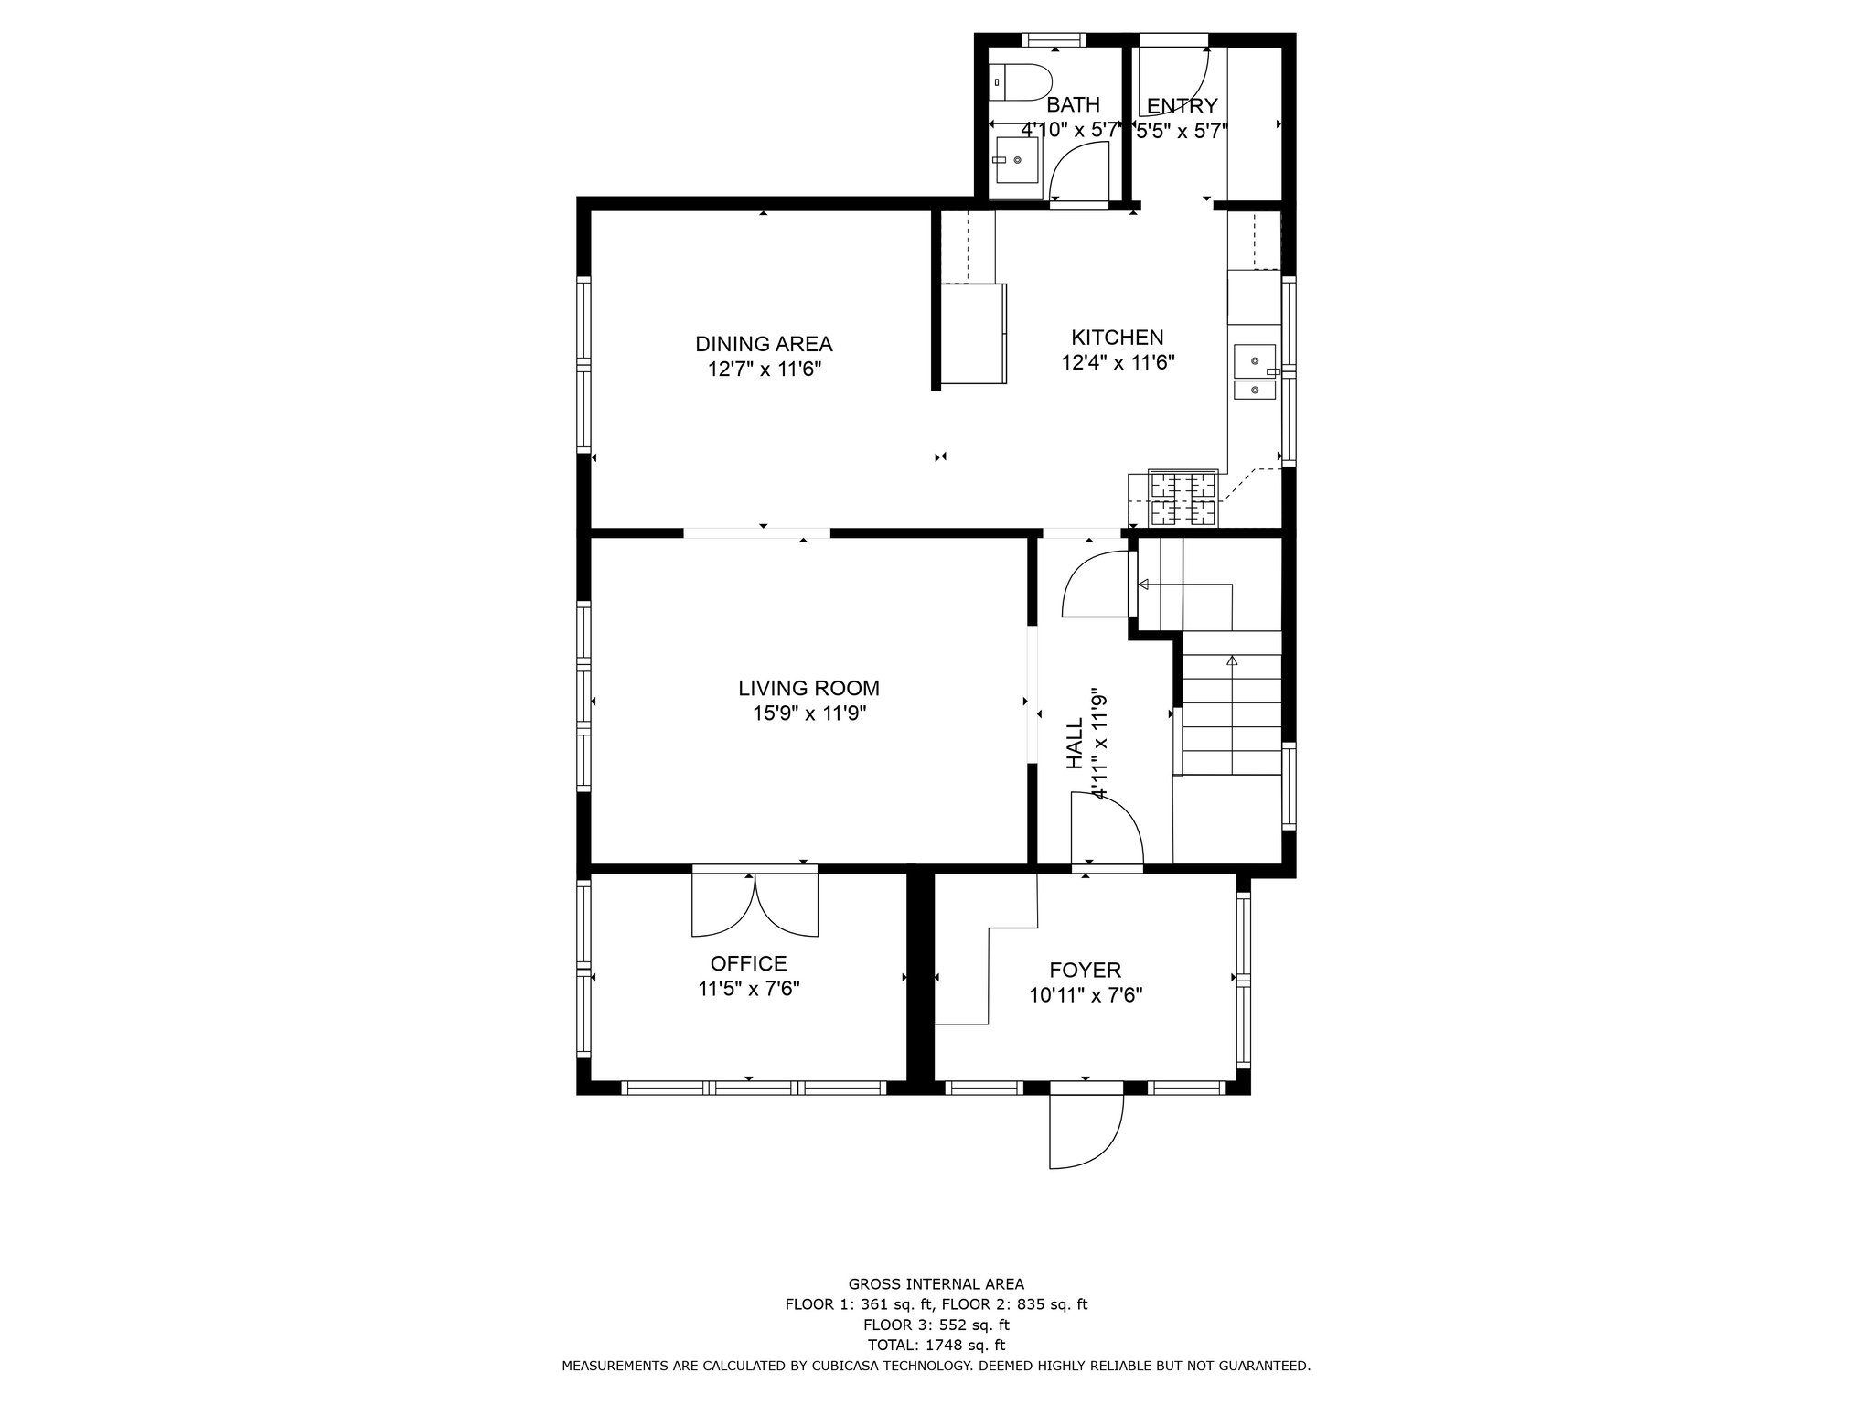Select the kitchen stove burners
[1183, 499]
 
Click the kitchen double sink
[1256, 372]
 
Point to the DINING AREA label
[764, 344]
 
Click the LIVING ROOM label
[808, 688]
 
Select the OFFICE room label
[748, 963]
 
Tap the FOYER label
[1085, 970]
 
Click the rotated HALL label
[1076, 742]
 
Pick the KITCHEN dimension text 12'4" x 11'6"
[1118, 362]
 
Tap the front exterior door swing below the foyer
[1086, 1132]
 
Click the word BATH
[1073, 104]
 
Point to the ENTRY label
[1182, 105]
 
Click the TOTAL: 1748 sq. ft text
[936, 1345]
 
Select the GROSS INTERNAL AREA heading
[936, 1284]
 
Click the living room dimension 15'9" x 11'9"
[809, 713]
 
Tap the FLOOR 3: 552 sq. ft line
[936, 1325]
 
